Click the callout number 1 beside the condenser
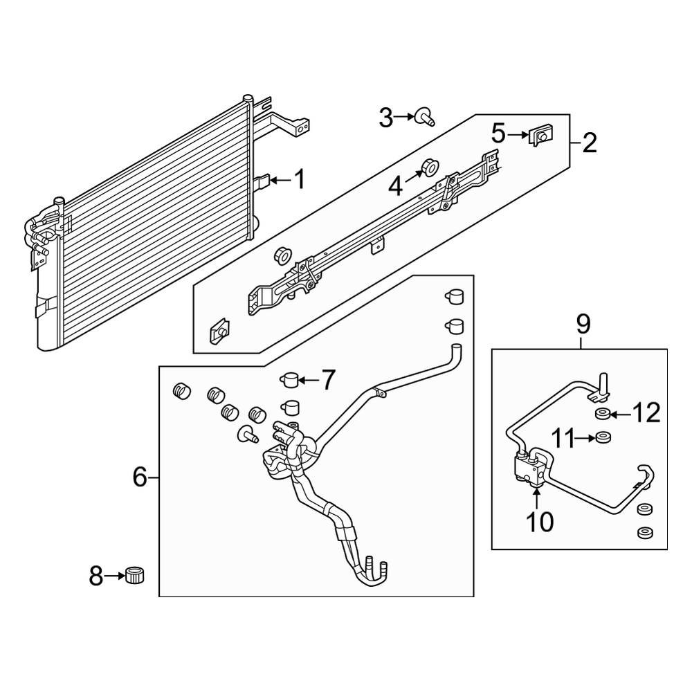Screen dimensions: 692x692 point(299,181)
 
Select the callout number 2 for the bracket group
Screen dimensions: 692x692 point(589,143)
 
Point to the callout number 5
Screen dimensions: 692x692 point(499,132)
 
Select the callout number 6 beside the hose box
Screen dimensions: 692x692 point(140,477)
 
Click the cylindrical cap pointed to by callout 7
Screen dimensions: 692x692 point(289,379)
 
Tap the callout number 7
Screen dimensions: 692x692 point(327,379)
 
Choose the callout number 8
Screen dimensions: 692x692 point(96,576)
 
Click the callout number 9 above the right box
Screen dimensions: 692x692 point(583,323)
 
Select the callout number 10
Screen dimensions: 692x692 point(540,522)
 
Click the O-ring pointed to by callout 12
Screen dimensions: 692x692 point(602,415)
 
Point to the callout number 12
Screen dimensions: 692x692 point(646,415)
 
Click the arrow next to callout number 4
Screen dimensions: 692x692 point(414,177)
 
